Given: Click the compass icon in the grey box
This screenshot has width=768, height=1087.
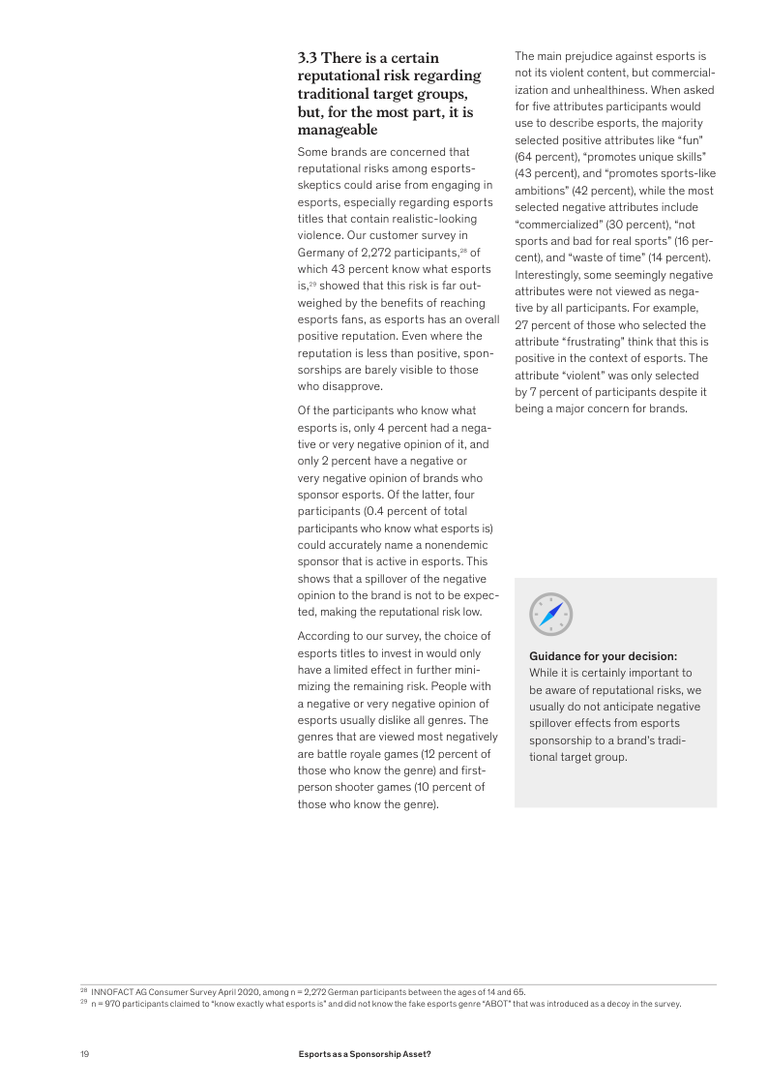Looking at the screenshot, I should [551, 615].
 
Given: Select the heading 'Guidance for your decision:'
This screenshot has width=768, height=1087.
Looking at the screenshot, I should [603, 656].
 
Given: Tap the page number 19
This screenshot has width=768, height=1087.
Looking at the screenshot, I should [84, 1053].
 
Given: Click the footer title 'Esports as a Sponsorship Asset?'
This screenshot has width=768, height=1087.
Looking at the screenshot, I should [365, 1053].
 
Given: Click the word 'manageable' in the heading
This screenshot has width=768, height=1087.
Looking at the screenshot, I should [338, 130].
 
